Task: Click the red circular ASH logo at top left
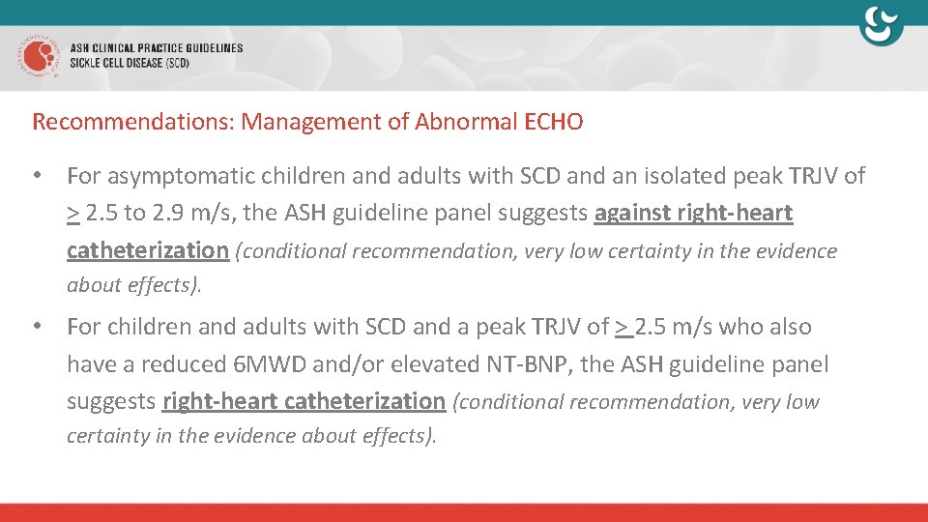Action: [36, 56]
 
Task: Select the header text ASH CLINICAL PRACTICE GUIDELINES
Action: [156, 48]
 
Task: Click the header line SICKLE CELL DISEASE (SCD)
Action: [130, 64]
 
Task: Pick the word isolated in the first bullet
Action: [666, 176]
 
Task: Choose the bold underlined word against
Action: [633, 214]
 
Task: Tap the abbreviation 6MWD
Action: [254, 364]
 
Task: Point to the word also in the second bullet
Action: [790, 327]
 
